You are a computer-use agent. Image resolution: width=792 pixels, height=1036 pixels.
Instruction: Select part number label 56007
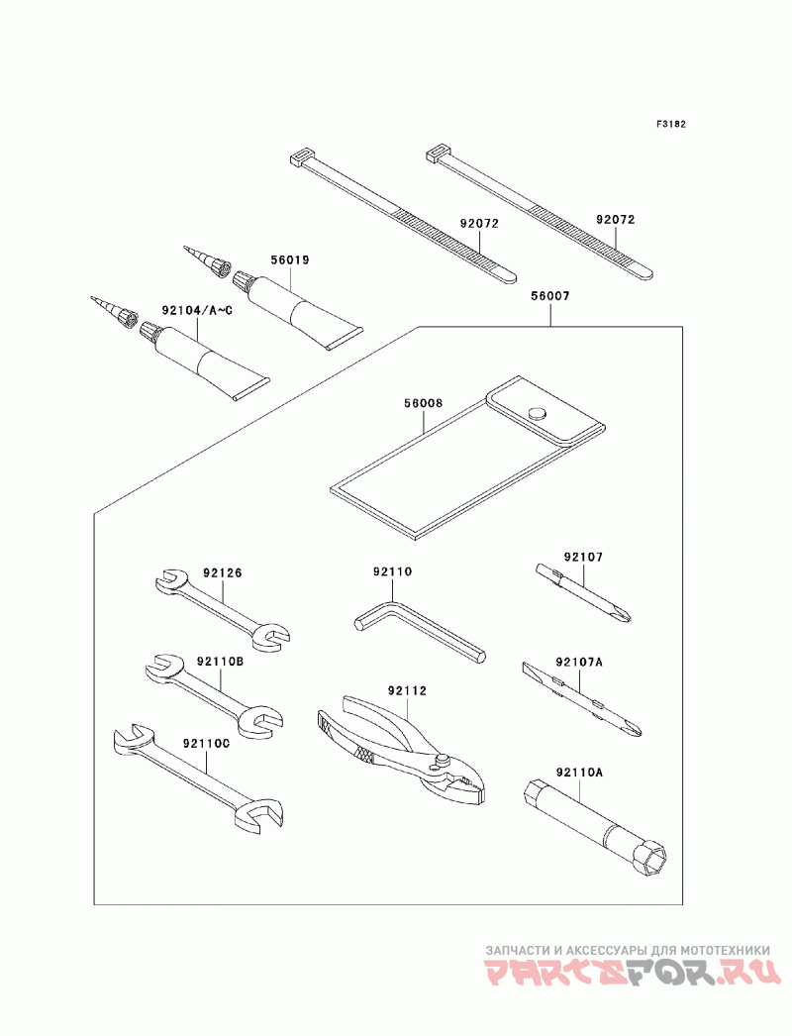click(x=549, y=295)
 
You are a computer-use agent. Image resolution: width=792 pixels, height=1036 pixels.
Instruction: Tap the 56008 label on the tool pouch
click(x=423, y=404)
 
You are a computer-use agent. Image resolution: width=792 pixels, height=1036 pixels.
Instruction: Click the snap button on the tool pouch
click(x=538, y=413)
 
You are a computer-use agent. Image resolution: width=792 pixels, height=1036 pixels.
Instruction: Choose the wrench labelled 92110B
click(x=214, y=694)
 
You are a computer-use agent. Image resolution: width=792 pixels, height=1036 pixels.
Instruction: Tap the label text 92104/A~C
click(x=198, y=311)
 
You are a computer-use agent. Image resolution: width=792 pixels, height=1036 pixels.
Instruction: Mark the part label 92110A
click(x=579, y=771)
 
